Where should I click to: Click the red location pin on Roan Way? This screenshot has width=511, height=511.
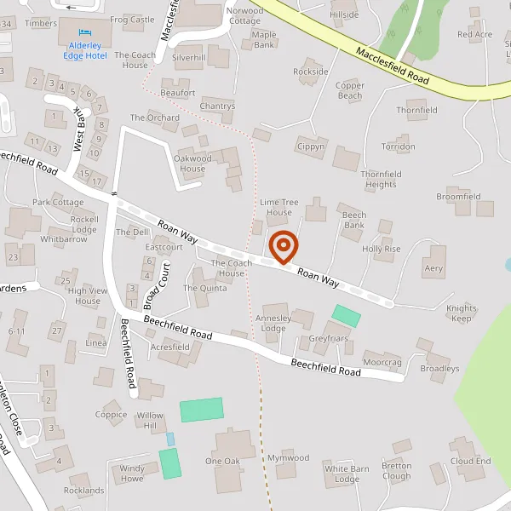click(283, 247)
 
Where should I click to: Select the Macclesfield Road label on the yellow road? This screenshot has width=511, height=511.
click(393, 63)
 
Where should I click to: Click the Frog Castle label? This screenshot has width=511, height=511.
click(132, 19)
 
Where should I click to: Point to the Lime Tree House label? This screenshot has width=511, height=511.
click(279, 207)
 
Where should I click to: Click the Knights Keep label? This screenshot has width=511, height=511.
click(462, 313)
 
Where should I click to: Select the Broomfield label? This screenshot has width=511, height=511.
click(458, 196)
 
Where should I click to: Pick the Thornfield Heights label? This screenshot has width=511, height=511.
click(380, 179)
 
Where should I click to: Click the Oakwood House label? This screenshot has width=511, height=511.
click(192, 164)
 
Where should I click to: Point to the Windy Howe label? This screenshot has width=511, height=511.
click(132, 474)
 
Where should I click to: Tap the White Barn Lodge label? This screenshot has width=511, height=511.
click(347, 474)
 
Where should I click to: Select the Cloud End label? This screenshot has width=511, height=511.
click(471, 461)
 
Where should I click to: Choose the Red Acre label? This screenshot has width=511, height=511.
click(474, 35)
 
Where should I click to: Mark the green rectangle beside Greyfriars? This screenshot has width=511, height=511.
click(346, 315)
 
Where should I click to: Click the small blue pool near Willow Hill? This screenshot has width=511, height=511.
click(169, 439)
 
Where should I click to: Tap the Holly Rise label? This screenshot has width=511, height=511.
click(381, 249)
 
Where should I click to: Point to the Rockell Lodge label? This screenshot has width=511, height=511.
click(84, 224)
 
